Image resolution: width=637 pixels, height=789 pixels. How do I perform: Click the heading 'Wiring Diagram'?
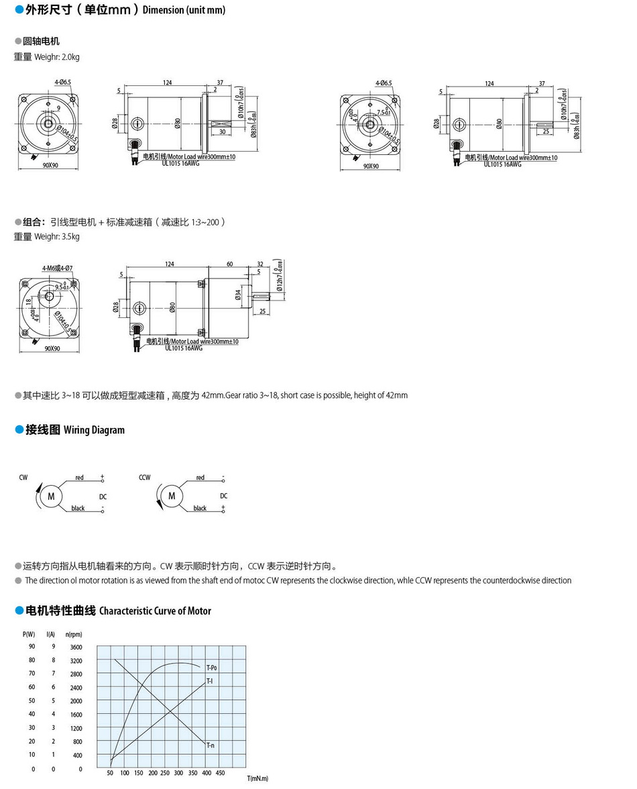(x=94, y=430)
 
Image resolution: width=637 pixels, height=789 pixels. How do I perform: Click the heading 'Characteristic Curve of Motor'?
(x=155, y=611)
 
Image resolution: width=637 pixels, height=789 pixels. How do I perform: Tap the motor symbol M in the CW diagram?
(x=50, y=496)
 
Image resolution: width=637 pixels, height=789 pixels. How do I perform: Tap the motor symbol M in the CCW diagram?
(x=172, y=496)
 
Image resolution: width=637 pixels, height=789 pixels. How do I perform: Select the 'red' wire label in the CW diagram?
(x=79, y=478)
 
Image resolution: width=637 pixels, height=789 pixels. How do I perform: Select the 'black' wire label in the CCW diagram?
(x=200, y=508)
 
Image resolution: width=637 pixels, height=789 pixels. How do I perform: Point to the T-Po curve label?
(x=211, y=668)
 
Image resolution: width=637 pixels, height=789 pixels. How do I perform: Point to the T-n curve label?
(x=211, y=745)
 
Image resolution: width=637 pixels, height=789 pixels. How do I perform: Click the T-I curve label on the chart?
(x=209, y=681)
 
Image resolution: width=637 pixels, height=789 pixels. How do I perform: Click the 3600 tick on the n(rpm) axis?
(x=75, y=647)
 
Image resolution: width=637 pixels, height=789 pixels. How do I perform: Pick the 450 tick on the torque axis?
(x=220, y=773)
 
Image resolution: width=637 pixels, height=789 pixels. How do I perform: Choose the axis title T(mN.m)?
(x=257, y=778)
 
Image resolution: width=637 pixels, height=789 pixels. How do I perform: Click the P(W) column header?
(x=29, y=634)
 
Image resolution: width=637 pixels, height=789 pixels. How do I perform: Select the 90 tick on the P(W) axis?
(x=32, y=647)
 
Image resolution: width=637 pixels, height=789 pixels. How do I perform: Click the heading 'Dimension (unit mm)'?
(x=184, y=10)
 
